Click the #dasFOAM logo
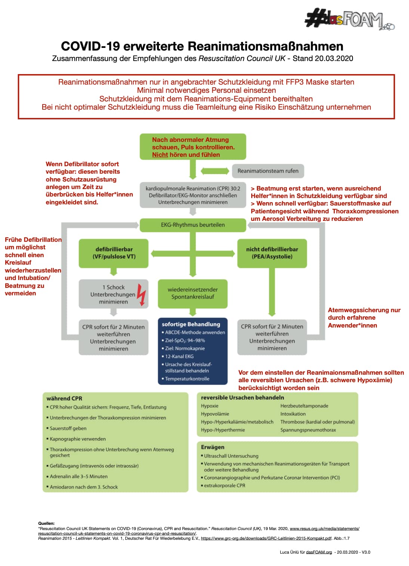(x=350, y=19)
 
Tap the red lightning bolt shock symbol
(x=142, y=294)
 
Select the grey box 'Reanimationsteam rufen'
(x=268, y=171)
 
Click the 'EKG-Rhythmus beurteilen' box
(x=193, y=225)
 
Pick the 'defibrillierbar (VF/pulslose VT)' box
(x=114, y=253)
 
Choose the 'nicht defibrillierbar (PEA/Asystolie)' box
(x=272, y=253)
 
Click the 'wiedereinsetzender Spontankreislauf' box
(x=193, y=293)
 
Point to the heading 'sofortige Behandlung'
(x=191, y=324)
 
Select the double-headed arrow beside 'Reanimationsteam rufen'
(x=215, y=171)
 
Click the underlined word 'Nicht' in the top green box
(x=160, y=155)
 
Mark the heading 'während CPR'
(x=64, y=398)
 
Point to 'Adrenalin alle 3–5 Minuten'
(x=79, y=476)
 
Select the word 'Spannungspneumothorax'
(x=308, y=430)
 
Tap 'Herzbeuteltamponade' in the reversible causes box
(x=304, y=406)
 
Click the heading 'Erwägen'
(x=212, y=447)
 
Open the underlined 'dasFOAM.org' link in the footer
(x=319, y=552)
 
